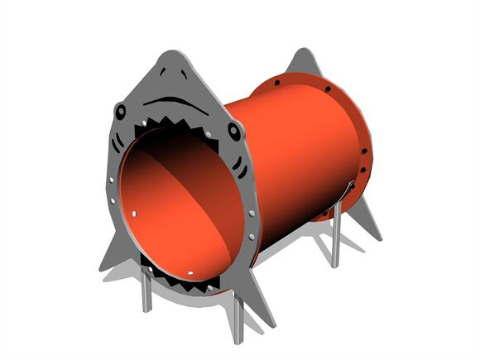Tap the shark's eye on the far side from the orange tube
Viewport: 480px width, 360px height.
121,110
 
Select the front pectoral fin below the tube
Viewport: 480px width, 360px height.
257,302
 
